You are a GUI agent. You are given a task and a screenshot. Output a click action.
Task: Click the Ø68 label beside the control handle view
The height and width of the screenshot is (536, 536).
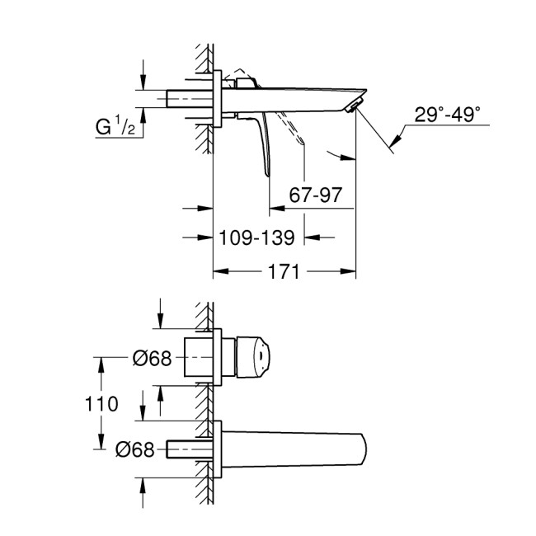[153, 359]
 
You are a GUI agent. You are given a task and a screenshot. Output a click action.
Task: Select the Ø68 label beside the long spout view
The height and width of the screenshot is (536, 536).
[134, 449]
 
